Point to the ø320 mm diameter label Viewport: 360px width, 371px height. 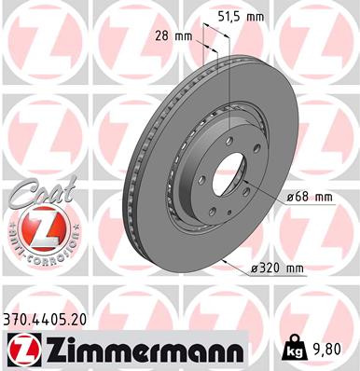[279, 269]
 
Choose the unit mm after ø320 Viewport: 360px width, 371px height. [295, 269]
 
